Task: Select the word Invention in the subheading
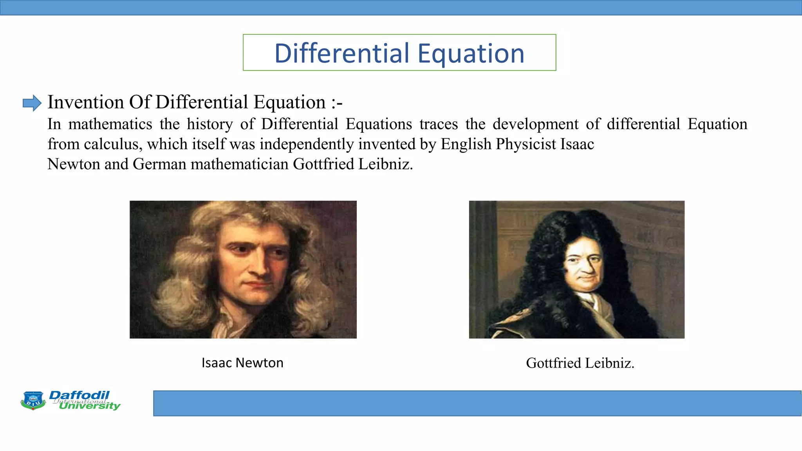[x=86, y=102]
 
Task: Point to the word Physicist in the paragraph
[x=526, y=144]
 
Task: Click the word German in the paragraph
[x=159, y=164]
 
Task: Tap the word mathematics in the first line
[x=110, y=124]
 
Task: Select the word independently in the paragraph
[x=307, y=144]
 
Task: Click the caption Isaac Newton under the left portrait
[x=242, y=363]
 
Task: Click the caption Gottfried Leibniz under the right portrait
[x=580, y=363]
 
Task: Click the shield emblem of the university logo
[x=33, y=400]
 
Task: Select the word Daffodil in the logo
[x=79, y=395]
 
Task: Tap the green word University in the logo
[x=90, y=406]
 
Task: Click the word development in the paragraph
[x=535, y=124]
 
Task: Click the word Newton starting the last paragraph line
[x=73, y=164]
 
